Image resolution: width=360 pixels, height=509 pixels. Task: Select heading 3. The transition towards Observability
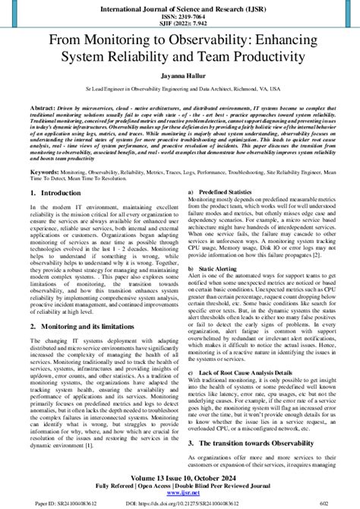[x=257, y=442]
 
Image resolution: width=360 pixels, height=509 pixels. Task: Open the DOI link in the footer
[x=180, y=503]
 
